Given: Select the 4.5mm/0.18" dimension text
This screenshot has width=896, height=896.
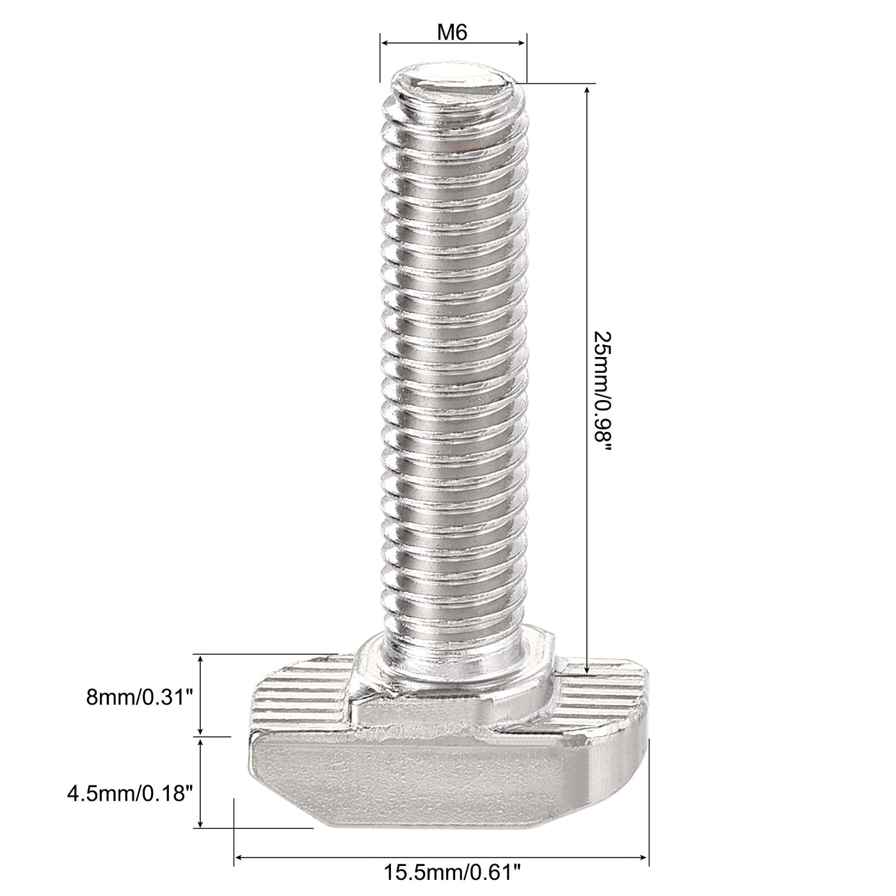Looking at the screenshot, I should [x=130, y=794].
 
